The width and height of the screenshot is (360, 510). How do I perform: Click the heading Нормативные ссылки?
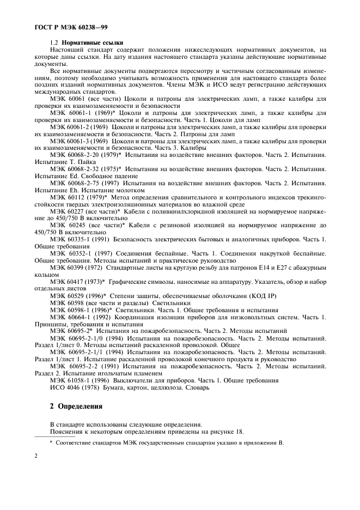pos(92,42)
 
